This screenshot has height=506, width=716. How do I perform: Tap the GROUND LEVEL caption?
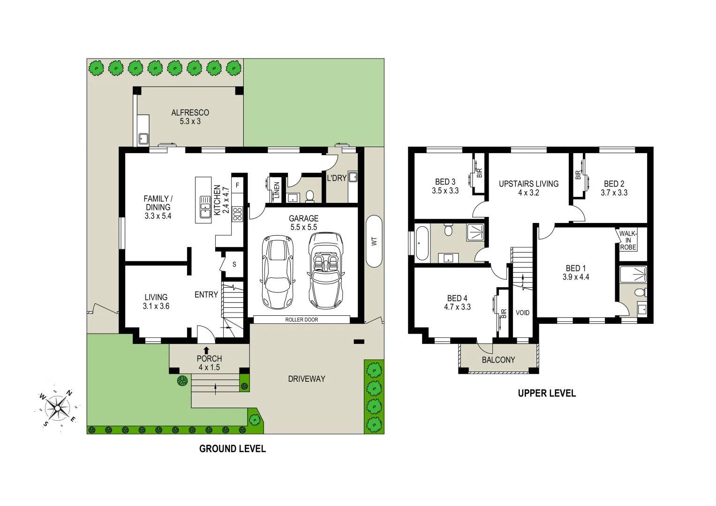[x=232, y=449]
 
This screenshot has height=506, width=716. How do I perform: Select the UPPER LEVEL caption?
[x=547, y=394]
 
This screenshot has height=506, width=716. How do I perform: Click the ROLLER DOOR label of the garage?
[x=301, y=320]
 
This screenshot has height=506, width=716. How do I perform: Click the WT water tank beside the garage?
[x=374, y=241]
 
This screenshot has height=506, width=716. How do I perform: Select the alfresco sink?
[x=143, y=139]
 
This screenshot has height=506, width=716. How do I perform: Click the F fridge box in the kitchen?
[x=237, y=186]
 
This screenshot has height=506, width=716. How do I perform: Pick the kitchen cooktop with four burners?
[x=237, y=214]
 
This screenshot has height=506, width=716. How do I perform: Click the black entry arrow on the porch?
[x=206, y=350]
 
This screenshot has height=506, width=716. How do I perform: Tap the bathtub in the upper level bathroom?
[x=422, y=243]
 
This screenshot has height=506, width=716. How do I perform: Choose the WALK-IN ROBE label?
[x=628, y=240]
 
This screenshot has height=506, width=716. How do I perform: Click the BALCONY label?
[x=498, y=360]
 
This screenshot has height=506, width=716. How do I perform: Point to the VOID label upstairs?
[x=522, y=313]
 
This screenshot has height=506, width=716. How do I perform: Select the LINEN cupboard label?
[x=277, y=190]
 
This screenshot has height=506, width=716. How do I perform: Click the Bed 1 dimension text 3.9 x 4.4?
[x=576, y=277]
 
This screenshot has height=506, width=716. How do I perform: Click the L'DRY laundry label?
[x=336, y=178]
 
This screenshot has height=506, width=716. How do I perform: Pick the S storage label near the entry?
[x=234, y=265]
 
